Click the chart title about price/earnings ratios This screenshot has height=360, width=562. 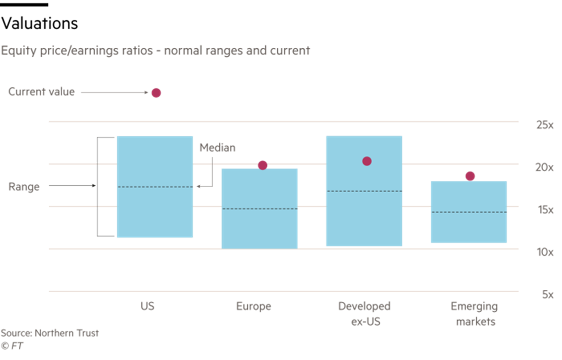point(155,51)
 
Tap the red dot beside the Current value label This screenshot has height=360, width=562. point(156,93)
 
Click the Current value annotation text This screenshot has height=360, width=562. point(42,92)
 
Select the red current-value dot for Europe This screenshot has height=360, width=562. point(262,165)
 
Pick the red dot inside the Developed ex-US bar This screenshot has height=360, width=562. point(367,161)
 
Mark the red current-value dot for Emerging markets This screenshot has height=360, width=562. point(470,176)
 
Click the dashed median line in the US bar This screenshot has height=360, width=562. point(155,187)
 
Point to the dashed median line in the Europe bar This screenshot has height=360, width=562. point(259,209)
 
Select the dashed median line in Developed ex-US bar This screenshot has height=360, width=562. point(364,191)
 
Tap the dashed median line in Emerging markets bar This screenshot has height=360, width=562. point(469,212)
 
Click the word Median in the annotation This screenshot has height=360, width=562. point(218,148)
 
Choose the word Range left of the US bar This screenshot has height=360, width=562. point(24,187)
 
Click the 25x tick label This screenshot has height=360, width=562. point(545,125)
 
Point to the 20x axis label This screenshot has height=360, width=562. point(545,168)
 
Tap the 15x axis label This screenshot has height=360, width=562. point(545,210)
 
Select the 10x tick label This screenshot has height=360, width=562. point(545,252)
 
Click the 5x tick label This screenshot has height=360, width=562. point(548,295)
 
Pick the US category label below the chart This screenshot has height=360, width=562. point(147,306)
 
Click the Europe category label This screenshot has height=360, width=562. point(254,306)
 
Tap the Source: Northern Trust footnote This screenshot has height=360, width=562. point(49,333)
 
